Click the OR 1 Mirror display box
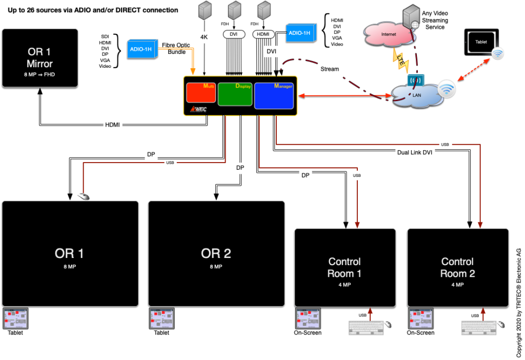(x=40, y=57)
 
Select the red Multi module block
(x=200, y=94)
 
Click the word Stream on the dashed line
(x=329, y=69)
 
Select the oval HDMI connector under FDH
(x=264, y=34)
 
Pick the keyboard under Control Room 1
(x=366, y=328)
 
